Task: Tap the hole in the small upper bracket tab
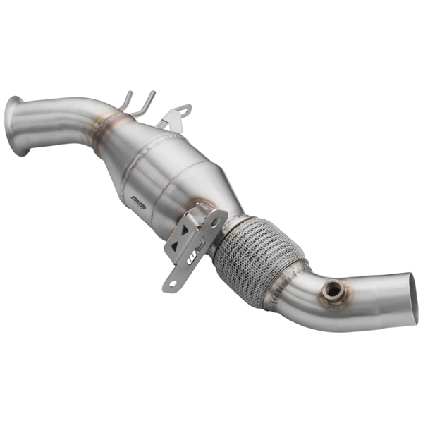pos(184,110)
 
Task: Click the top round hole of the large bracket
pos(214,220)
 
